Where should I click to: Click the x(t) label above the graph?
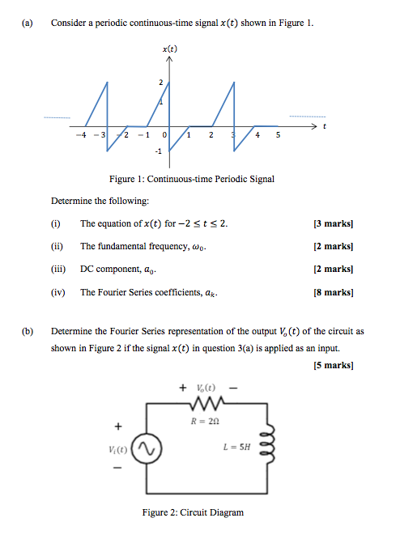coord(170,49)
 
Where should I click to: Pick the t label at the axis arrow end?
coord(325,126)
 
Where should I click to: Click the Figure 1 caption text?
coord(192,179)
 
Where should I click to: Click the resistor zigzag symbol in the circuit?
coord(200,405)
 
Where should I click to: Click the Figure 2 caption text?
coord(192,512)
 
